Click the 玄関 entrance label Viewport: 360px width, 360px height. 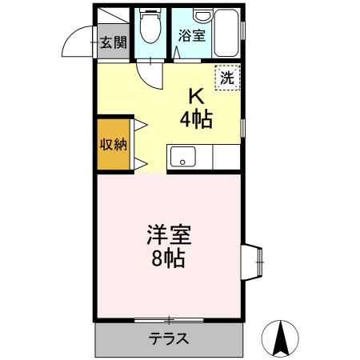[112, 42]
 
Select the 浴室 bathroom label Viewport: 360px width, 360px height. [191, 35]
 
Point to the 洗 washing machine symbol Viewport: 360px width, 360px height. [228, 78]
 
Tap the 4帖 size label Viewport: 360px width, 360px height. [194, 120]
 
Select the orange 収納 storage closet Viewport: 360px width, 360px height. [112, 144]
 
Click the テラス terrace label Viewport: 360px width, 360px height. [168, 338]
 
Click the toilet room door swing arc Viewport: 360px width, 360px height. [150, 76]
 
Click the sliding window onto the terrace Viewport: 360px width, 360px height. [168, 319]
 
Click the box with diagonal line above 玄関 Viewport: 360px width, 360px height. [113, 19]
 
